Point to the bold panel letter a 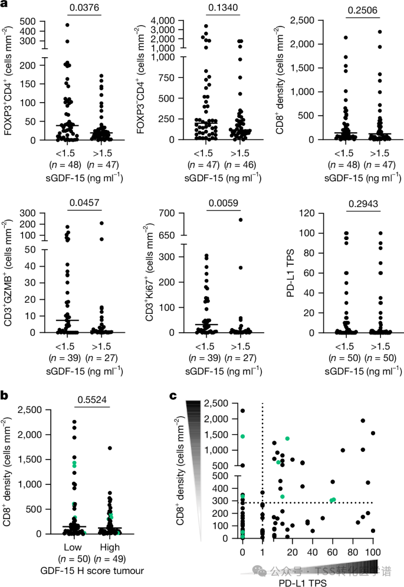[x=4, y=5]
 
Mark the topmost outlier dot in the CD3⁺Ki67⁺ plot [x=240, y=219]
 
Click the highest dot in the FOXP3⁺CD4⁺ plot [x=67, y=25]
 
